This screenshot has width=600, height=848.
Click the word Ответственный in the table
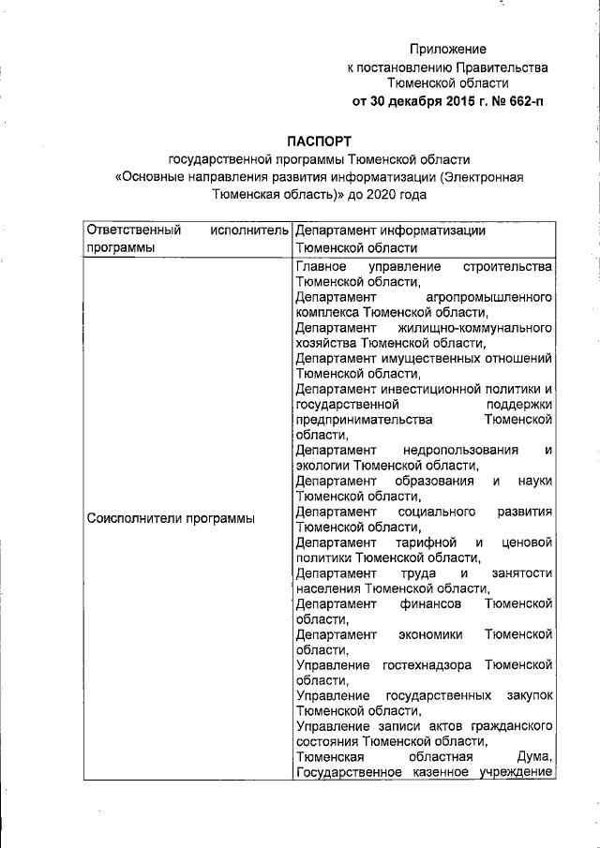[x=127, y=230]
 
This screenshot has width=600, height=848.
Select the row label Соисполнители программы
[x=171, y=518]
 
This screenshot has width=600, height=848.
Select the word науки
[x=534, y=481]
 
